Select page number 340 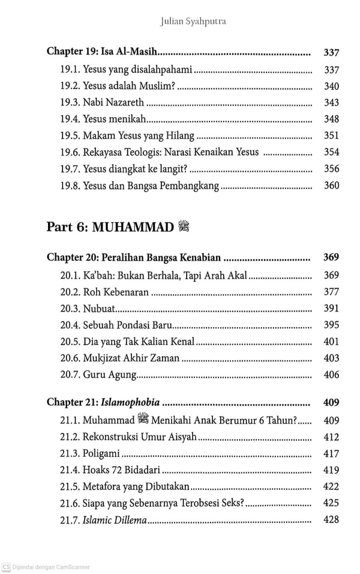[x=331, y=85]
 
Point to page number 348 [x=331, y=119]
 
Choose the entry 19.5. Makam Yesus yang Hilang [x=129, y=136]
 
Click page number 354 [x=331, y=152]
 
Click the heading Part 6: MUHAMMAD [x=103, y=227]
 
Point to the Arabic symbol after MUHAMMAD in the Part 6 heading [x=184, y=226]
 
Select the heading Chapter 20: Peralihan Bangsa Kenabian [x=134, y=258]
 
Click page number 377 [x=331, y=292]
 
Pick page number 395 [x=331, y=325]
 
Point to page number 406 [x=331, y=375]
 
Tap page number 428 [x=331, y=519]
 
